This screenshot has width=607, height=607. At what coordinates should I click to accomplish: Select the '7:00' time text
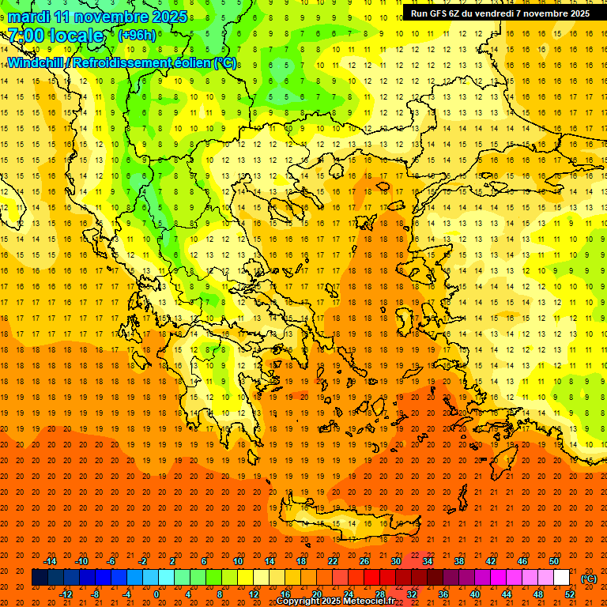pyautogui.click(x=25, y=36)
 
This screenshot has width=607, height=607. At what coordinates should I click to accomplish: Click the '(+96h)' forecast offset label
pyautogui.click(x=137, y=36)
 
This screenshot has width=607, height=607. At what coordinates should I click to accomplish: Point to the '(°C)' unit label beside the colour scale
pyautogui.click(x=589, y=579)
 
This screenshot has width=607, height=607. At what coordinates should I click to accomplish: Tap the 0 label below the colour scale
pyautogui.click(x=156, y=594)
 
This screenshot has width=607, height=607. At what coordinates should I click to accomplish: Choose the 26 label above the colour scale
pyautogui.click(x=364, y=561)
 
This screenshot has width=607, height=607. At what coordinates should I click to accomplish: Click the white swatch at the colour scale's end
pyautogui.click(x=562, y=578)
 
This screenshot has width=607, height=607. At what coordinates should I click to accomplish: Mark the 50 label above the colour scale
pyautogui.click(x=554, y=561)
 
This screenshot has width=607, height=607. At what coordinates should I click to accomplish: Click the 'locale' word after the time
pyautogui.click(x=76, y=36)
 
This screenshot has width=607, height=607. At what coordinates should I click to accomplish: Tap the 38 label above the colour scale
pyautogui.click(x=459, y=561)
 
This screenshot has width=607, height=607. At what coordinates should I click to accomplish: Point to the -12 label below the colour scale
pyautogui.click(x=66, y=594)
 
